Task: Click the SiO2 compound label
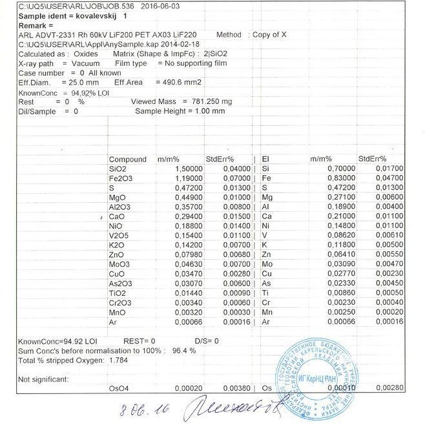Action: [117, 169]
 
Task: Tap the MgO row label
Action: [118, 197]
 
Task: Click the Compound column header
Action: [128, 159]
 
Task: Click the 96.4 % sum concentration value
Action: [183, 350]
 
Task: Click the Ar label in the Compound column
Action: [112, 321]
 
